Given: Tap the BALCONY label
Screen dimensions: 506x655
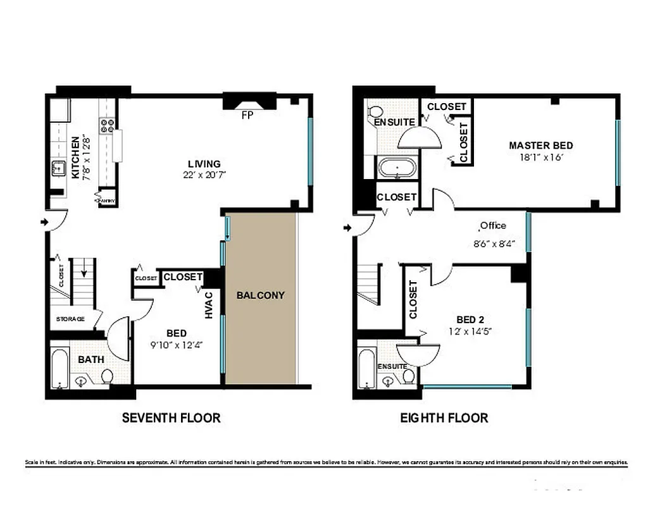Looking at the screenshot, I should point(261,295).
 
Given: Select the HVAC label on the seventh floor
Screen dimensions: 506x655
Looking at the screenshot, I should point(209,304).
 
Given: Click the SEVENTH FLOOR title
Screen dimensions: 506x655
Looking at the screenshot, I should point(171,417).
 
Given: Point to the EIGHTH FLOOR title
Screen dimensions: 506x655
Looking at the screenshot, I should point(444,417).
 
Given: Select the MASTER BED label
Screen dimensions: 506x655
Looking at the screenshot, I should point(540,145).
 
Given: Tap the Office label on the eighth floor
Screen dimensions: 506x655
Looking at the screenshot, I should point(493,226).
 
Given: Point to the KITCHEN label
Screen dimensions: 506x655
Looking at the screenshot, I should point(75,157).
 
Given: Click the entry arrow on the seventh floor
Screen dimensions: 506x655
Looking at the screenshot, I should point(43,222).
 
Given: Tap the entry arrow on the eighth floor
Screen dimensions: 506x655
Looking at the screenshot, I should point(347,227).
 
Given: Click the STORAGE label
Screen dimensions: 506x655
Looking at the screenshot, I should point(70,319).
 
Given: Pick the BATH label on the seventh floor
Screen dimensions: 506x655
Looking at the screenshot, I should point(91,359).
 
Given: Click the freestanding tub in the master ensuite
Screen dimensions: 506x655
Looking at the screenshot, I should point(397,168).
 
